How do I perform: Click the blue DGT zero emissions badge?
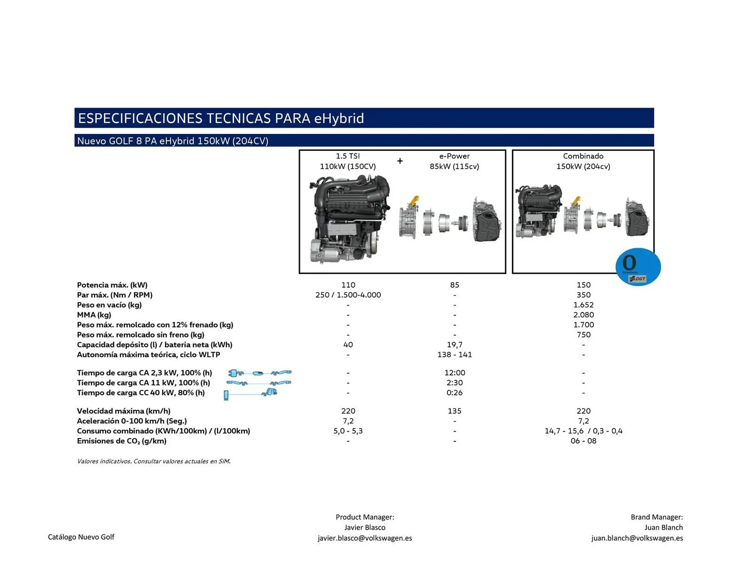638,267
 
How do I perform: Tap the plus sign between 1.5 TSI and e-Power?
400,161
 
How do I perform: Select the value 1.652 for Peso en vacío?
583,305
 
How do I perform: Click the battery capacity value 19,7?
454,345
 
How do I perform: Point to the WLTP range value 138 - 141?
454,355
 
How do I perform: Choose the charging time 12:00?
454,373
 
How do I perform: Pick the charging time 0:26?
454,393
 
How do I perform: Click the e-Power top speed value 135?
454,411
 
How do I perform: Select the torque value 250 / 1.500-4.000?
348,295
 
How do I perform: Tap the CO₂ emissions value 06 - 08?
583,441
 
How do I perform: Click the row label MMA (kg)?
94,315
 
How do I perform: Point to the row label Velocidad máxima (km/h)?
124,411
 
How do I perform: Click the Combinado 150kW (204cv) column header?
583,161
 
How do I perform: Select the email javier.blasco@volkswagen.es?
365,538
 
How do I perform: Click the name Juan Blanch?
663,528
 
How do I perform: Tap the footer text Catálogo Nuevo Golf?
81,537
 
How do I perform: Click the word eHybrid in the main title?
339,118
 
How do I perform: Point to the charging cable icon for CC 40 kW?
251,394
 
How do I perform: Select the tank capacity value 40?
348,345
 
